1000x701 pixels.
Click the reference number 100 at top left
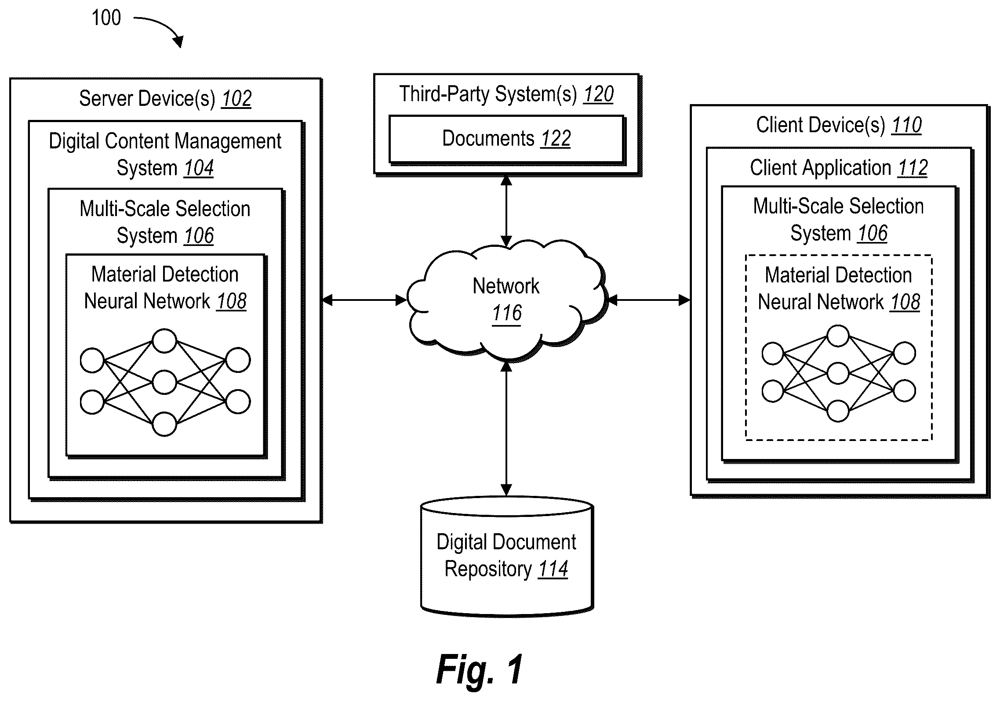106,18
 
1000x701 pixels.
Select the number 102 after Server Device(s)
236,99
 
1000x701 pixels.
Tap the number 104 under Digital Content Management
199,168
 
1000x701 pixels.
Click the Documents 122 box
506,140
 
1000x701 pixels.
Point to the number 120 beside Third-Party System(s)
598,94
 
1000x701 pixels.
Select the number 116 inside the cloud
507,313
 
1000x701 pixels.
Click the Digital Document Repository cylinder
507,556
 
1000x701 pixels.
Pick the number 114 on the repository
553,569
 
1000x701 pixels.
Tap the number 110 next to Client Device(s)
906,125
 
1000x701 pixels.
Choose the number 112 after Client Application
913,168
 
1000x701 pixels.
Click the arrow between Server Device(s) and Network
365,300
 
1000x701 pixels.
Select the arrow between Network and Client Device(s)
649,300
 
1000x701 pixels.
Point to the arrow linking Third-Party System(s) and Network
506,211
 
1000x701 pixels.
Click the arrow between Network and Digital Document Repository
506,428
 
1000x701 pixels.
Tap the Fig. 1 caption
480,669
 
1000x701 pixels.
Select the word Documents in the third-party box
488,138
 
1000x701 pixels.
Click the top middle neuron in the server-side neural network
164,341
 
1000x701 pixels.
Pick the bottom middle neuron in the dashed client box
838,411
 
